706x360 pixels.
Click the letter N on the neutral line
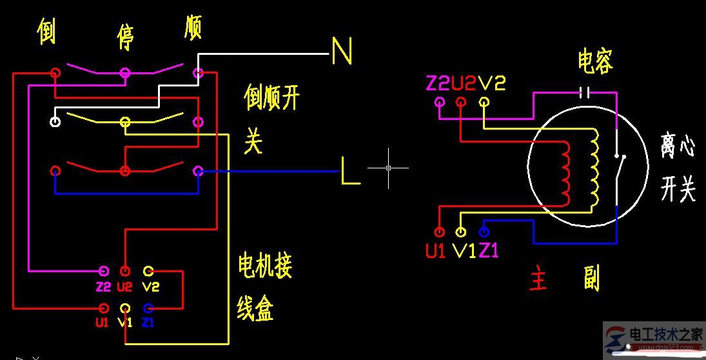342,51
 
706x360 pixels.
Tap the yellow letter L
350,172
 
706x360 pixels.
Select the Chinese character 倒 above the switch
46,32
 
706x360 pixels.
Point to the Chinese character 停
125,37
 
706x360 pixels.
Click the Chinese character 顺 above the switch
193,26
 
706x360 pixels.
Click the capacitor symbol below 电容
585,92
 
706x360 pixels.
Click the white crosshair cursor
388,168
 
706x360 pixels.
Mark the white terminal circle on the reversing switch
56,121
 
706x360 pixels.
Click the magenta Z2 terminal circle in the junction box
103,270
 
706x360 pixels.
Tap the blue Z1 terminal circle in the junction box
148,308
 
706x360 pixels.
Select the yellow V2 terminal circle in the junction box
148,270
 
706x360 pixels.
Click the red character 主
538,280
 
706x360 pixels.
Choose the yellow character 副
591,279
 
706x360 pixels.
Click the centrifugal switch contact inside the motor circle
620,174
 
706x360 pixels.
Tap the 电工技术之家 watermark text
665,335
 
